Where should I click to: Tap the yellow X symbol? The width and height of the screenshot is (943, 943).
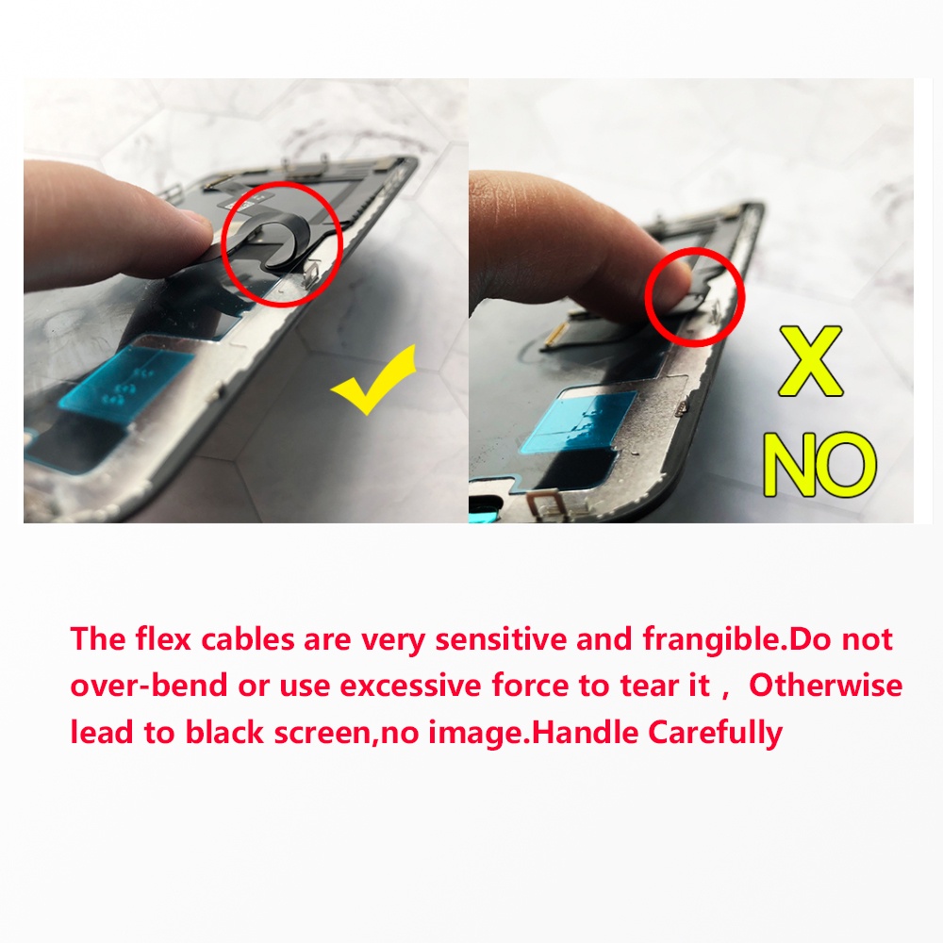pyautogui.click(x=810, y=361)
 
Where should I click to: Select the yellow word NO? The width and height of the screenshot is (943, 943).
pyautogui.click(x=819, y=465)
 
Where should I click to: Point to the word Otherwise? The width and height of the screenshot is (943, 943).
pyautogui.click(x=826, y=685)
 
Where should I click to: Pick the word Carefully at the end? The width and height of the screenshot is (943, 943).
pyautogui.click(x=715, y=734)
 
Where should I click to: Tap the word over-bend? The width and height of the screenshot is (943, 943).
pyautogui.click(x=149, y=686)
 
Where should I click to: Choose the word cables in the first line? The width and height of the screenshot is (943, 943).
pyautogui.click(x=248, y=638)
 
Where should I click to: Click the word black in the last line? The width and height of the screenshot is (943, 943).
pyautogui.click(x=223, y=733)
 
